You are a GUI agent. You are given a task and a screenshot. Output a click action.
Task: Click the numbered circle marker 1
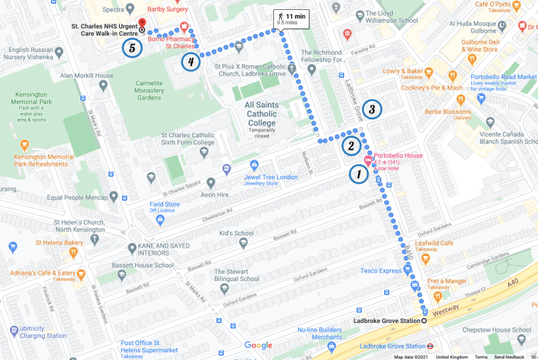[x=359, y=174]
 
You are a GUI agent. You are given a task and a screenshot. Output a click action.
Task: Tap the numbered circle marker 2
[x=350, y=146]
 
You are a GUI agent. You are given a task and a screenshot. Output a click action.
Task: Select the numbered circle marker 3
[x=371, y=110]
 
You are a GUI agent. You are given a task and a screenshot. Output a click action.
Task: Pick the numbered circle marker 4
[x=189, y=62]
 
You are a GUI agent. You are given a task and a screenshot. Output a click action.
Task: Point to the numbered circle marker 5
[x=131, y=48]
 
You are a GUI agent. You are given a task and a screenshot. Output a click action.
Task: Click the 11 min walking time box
[x=292, y=19]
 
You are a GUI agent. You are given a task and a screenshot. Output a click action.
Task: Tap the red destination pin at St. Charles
[x=141, y=24]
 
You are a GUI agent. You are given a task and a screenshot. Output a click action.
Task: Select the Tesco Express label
[x=381, y=270]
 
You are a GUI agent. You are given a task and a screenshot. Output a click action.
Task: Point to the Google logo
[x=258, y=346]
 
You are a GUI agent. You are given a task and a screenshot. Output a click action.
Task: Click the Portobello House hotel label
[x=399, y=156]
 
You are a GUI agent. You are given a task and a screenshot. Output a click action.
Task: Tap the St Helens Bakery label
[x=54, y=243]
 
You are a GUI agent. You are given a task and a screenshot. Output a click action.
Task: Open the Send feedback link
[x=509, y=356]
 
